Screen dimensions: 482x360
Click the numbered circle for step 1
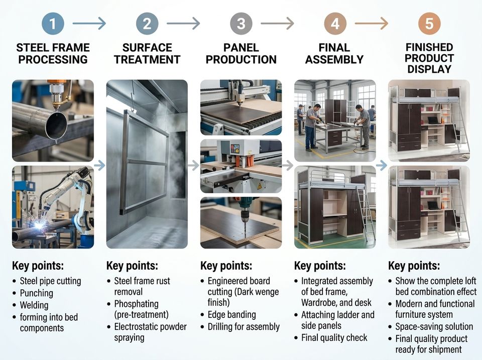pos(53,24)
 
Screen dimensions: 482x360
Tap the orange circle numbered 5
pos(429,24)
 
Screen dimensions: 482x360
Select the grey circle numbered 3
pos(242,24)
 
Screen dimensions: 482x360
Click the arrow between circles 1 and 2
pos(89,24)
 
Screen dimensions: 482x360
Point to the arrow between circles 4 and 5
pos(372,24)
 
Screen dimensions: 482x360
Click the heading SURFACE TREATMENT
pos(147,54)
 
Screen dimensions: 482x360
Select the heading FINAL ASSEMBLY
pos(334,54)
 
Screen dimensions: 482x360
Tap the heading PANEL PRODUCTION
pos(242,54)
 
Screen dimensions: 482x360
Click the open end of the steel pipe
pos(56,126)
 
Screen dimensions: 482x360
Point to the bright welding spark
pos(39,225)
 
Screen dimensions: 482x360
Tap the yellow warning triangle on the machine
pos(260,186)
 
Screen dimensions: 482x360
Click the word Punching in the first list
pos(37,293)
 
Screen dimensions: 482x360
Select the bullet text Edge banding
pos(232,315)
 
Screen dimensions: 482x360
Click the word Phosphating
pos(137,304)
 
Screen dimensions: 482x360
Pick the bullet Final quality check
pos(334,338)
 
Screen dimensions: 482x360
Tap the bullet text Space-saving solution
pos(434,326)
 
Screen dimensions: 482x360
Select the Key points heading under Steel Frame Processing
pos(38,266)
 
